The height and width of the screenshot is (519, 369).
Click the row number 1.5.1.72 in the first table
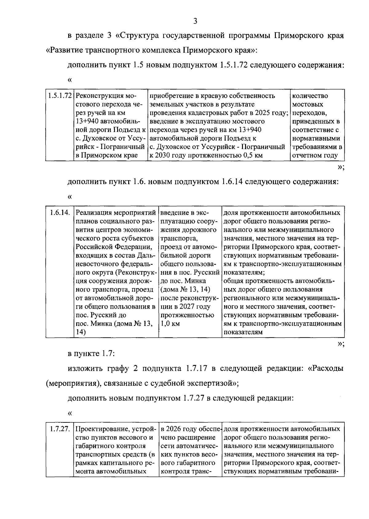tap(60, 96)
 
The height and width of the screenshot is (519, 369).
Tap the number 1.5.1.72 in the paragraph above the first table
tap(234, 65)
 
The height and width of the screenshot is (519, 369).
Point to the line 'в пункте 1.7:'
tap(91, 354)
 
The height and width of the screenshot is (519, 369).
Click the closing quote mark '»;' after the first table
tap(341, 167)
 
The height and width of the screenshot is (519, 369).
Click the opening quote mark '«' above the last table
tap(70, 413)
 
